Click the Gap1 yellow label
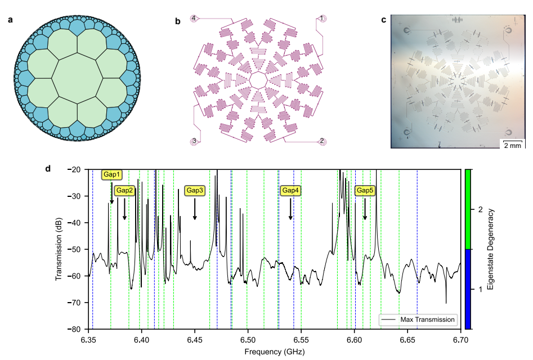click(x=111, y=174)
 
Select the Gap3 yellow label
click(x=195, y=191)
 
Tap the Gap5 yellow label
click(x=365, y=191)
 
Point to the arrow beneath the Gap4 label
click(x=290, y=209)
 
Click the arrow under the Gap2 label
click(x=124, y=209)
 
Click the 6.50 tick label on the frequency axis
click(x=248, y=340)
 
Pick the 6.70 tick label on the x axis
click(x=460, y=340)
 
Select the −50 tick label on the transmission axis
click(x=74, y=249)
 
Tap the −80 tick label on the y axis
click(x=74, y=329)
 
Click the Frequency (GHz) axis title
click(x=275, y=352)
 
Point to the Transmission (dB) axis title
click(x=59, y=249)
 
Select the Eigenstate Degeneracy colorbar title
click(x=490, y=249)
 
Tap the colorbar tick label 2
click(x=480, y=210)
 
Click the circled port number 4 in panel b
click(x=194, y=18)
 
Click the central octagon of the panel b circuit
click(x=258, y=80)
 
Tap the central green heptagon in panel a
click(x=78, y=78)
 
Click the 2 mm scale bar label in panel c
click(x=512, y=145)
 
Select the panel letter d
click(x=48, y=168)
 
